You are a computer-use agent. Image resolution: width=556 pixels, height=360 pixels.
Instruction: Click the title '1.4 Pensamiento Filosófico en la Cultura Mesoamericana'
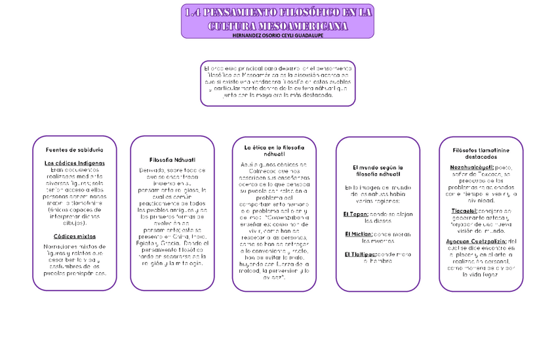(x=277, y=18)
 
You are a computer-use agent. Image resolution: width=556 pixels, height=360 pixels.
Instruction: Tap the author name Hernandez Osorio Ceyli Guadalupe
(x=277, y=35)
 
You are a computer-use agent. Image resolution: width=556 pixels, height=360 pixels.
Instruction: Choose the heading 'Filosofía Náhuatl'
(x=172, y=160)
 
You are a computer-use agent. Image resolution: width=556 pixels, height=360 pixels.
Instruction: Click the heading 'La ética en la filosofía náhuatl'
(x=269, y=151)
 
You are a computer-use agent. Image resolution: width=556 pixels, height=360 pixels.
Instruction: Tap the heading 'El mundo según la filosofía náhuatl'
(x=377, y=171)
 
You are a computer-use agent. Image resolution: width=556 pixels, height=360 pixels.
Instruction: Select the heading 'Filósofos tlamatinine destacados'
(x=481, y=153)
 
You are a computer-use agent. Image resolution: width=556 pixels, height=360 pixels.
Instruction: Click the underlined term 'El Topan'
(x=355, y=214)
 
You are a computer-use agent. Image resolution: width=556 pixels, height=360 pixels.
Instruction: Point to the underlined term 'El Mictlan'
(x=358, y=233)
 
